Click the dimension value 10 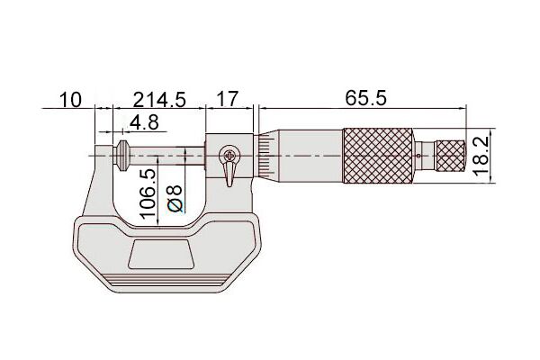click(x=70, y=100)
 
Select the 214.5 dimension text click(x=159, y=100)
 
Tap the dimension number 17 click(x=228, y=99)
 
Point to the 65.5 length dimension click(x=365, y=98)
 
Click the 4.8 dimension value click(x=144, y=122)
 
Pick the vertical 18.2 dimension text click(x=481, y=156)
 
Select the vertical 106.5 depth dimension click(x=148, y=193)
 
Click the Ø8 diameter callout click(x=175, y=198)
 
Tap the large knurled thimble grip click(x=378, y=156)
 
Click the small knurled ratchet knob click(x=451, y=156)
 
